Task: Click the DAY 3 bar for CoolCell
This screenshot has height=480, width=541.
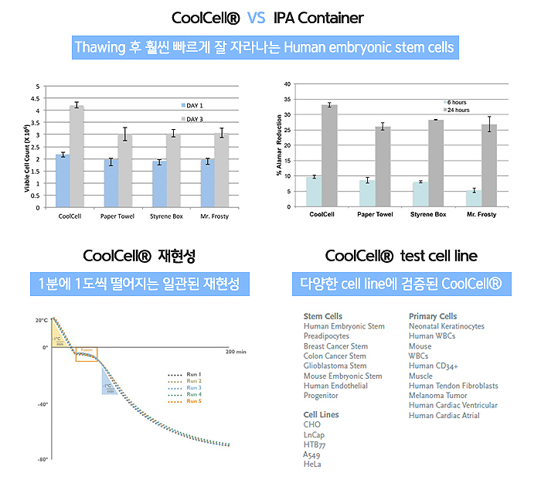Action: coord(77,156)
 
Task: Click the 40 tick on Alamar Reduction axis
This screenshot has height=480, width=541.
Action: coord(288,83)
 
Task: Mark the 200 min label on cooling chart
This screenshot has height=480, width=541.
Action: coord(235,351)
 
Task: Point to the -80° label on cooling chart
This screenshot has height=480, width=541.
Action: coord(42,459)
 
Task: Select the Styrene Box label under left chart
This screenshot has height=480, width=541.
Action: coord(169,216)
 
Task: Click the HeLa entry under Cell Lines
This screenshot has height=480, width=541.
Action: coord(313,465)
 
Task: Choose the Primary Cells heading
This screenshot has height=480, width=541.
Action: coord(432,317)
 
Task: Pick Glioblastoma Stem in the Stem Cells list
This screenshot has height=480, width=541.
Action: coord(335,366)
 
